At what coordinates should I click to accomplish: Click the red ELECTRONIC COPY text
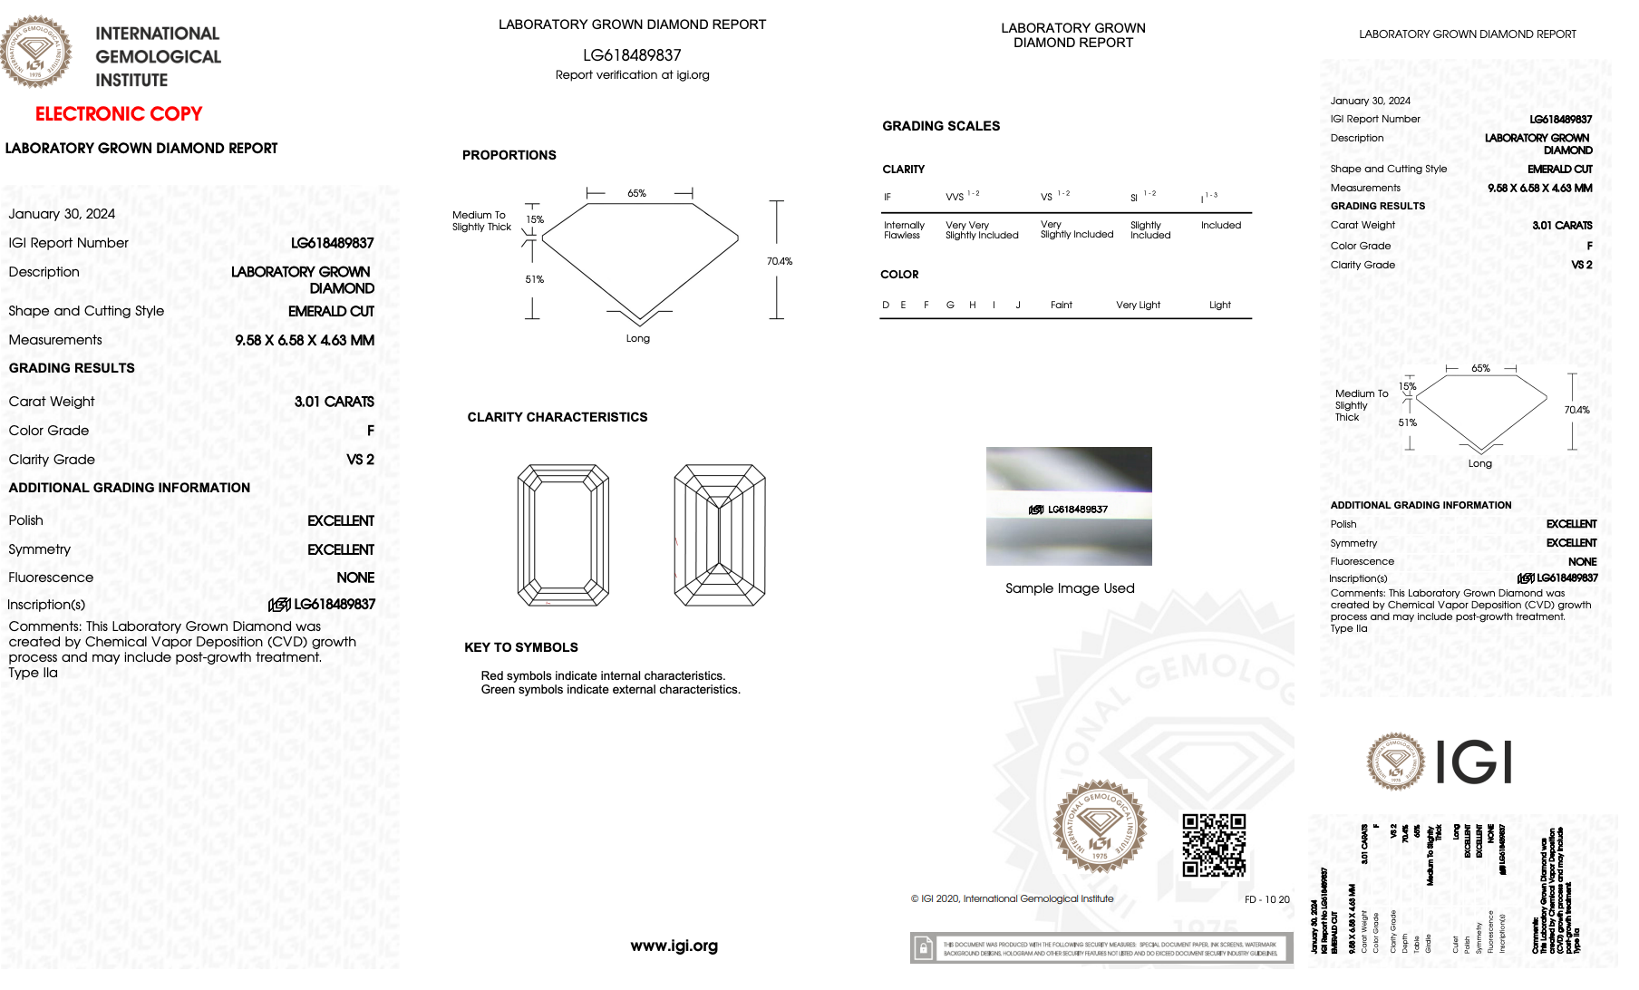point(119,114)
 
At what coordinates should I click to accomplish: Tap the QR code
point(1214,845)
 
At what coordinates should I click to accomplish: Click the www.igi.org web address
point(674,946)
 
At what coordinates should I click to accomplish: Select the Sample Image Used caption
point(1070,588)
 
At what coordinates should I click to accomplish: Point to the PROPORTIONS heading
point(509,155)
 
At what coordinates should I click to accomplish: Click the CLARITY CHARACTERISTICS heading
point(557,417)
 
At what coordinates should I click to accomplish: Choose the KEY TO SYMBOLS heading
point(520,647)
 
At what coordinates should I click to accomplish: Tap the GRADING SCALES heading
point(941,126)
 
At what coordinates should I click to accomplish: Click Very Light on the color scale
point(1138,306)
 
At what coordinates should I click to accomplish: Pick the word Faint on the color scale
point(1061,306)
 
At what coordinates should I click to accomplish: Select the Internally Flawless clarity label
point(904,230)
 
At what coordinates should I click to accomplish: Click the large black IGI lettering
point(1474,762)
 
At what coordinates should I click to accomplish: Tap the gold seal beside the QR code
point(1099,826)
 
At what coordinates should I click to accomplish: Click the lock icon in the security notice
point(923,948)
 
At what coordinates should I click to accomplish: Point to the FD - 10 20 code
point(1266,899)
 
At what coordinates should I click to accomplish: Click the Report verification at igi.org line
point(632,75)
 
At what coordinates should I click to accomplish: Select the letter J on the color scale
point(1018,306)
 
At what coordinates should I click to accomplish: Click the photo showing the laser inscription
point(1069,506)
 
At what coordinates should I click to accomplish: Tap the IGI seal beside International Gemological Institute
point(36,52)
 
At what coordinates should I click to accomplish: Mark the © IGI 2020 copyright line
point(1012,899)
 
